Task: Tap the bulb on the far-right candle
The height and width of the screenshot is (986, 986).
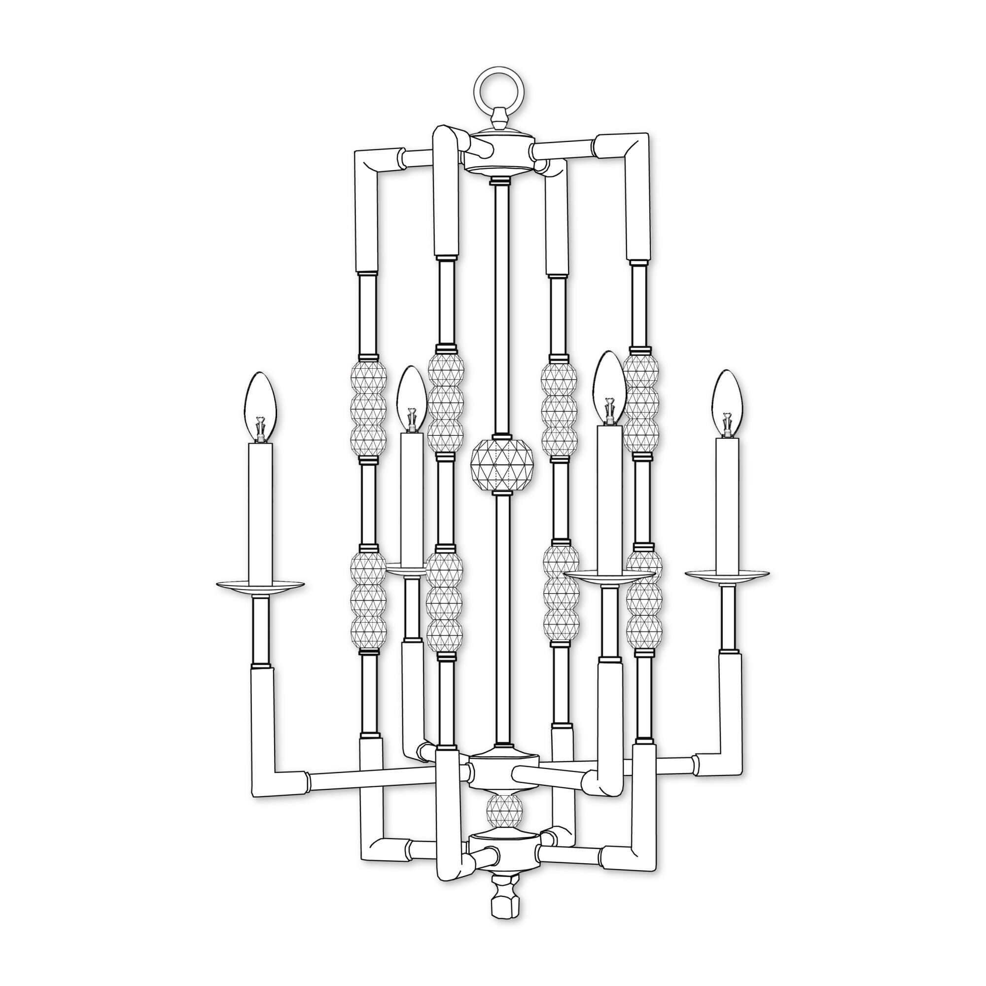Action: (x=728, y=400)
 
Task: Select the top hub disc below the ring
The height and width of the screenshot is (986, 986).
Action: (x=499, y=153)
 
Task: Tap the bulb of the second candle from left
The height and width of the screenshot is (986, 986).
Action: (x=412, y=398)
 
